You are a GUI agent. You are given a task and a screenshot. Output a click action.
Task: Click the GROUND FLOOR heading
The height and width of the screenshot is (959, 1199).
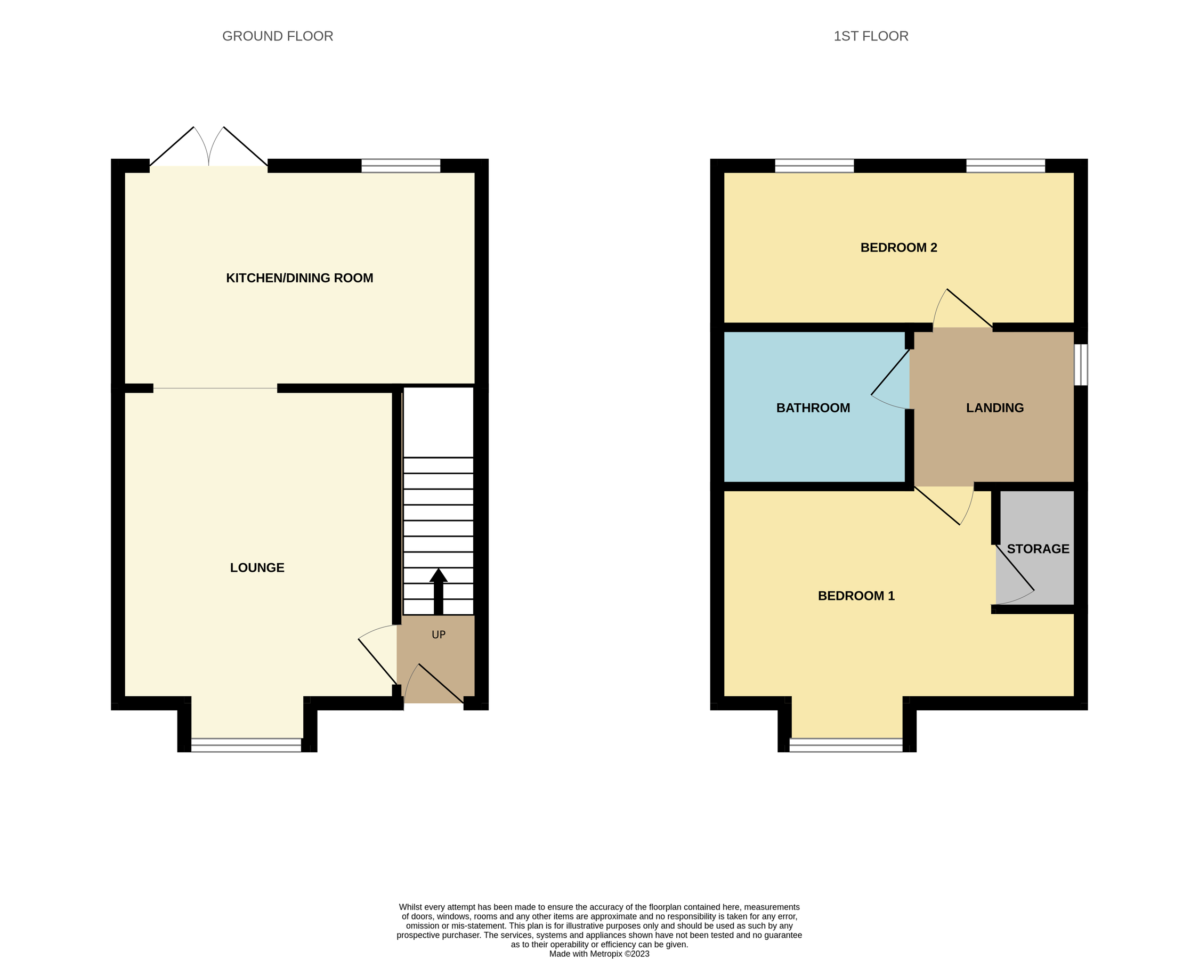[278, 36]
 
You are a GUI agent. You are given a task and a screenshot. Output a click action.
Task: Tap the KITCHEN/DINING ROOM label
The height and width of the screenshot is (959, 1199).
[299, 278]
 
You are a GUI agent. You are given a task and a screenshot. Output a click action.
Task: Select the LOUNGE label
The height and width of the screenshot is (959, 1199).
[257, 567]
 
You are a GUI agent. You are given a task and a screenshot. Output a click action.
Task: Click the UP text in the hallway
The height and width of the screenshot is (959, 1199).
[438, 635]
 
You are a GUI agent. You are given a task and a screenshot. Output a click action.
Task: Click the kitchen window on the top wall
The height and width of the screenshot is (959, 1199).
[400, 166]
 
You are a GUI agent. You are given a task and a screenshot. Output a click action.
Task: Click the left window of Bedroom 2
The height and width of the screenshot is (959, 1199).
[814, 166]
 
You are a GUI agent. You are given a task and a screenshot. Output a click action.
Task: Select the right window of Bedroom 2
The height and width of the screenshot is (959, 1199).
[1006, 166]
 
